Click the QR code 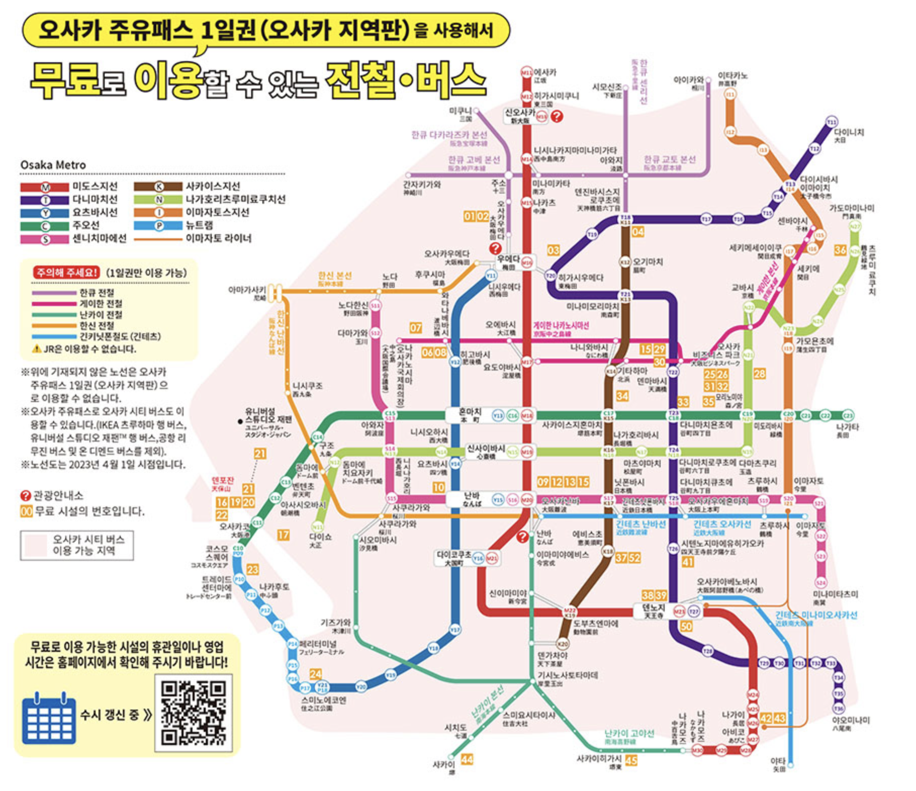tap(193, 713)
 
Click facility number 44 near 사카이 tap(467, 759)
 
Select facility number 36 tap(840, 250)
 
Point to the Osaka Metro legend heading tap(53, 165)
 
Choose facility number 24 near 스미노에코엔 tap(315, 674)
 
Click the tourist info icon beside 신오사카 tap(557, 116)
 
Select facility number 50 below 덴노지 tap(686, 626)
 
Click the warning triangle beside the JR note tap(36, 348)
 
